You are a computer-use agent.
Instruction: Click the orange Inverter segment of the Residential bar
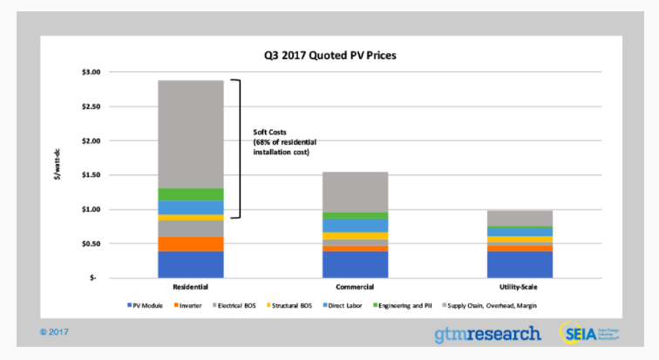[x=192, y=244]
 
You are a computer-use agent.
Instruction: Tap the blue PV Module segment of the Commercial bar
[x=355, y=264]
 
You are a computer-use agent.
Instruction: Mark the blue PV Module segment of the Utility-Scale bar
[x=520, y=264]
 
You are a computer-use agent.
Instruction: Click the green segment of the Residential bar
[x=192, y=194]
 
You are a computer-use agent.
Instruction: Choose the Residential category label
[x=192, y=286]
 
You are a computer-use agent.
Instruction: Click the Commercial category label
[x=355, y=286]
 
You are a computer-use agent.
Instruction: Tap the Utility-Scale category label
[x=520, y=286]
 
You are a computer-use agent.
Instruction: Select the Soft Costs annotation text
[x=278, y=141]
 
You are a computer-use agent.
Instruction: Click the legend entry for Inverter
[x=189, y=305]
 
